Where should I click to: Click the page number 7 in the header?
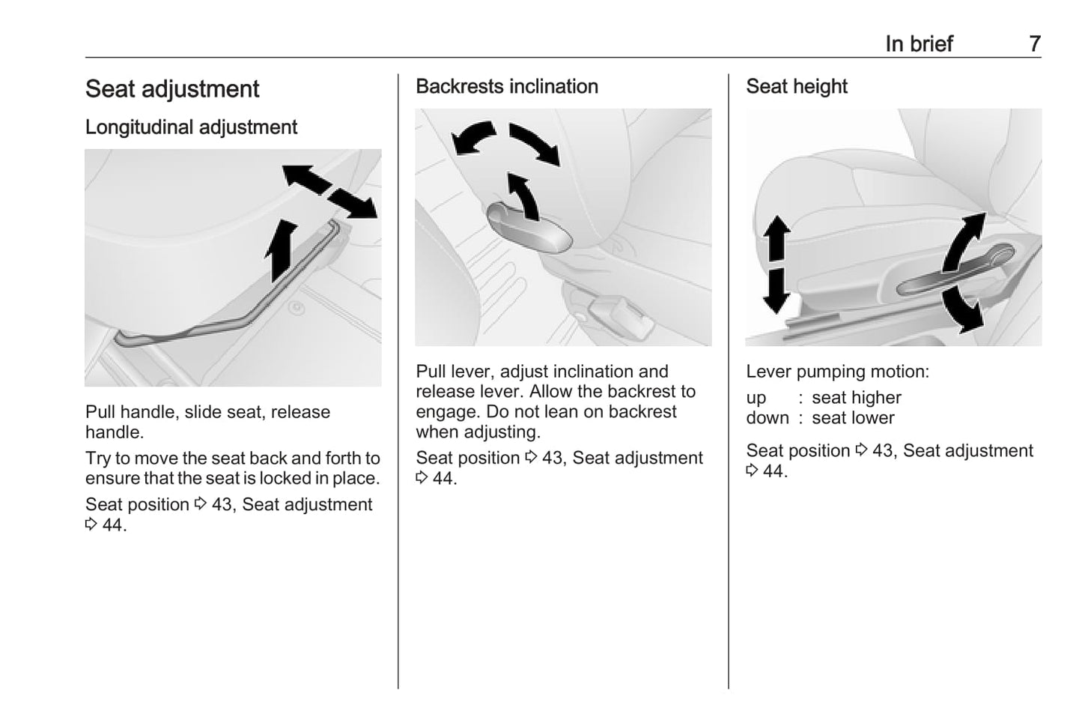pyautogui.click(x=1034, y=44)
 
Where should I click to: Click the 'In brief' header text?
pyautogui.click(x=919, y=44)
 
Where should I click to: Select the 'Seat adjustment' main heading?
pyautogui.click(x=172, y=89)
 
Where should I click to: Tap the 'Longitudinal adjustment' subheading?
pyautogui.click(x=191, y=127)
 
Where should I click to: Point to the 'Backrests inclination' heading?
pyautogui.click(x=507, y=87)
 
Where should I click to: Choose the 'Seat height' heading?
pyautogui.click(x=797, y=87)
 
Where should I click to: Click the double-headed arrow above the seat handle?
pyautogui.click(x=329, y=192)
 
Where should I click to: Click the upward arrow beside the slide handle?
pyautogui.click(x=281, y=249)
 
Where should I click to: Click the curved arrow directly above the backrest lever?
pyautogui.click(x=523, y=196)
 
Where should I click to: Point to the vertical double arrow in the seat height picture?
pyautogui.click(x=776, y=264)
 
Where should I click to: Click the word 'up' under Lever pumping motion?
pyautogui.click(x=756, y=398)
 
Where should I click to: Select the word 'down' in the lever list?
pyautogui.click(x=768, y=418)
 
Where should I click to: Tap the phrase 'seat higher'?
pyautogui.click(x=857, y=398)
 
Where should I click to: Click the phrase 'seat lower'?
pyautogui.click(x=853, y=418)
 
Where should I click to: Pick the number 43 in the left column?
pyautogui.click(x=222, y=505)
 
